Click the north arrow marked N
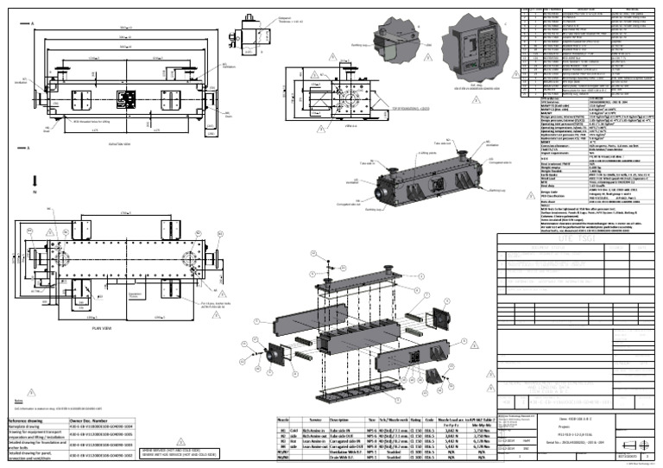pyautogui.click(x=33, y=181)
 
